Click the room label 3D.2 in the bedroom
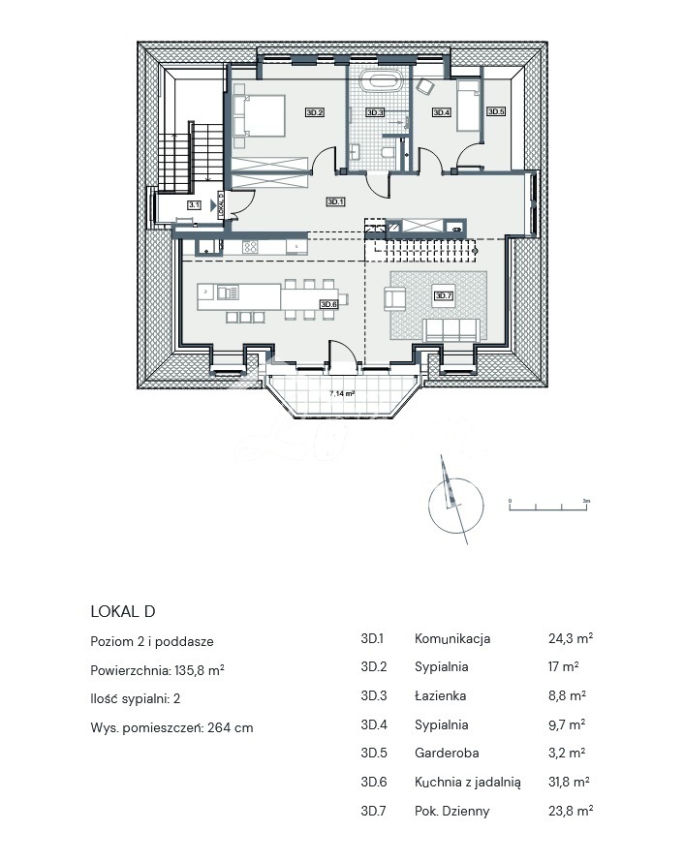314,113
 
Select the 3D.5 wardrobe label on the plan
496,112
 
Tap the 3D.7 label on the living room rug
444,296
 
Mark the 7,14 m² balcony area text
341,394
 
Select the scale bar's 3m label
586,500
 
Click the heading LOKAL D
122,611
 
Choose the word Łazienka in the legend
440,695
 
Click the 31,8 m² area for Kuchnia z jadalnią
571,782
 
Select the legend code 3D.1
372,638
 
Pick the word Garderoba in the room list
447,753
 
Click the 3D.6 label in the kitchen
328,304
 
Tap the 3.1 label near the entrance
194,205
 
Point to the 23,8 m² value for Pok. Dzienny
571,811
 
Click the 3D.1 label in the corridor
334,202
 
